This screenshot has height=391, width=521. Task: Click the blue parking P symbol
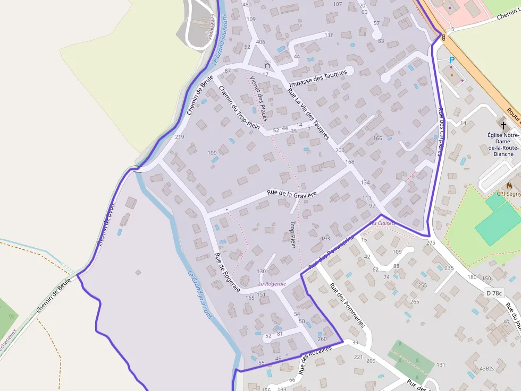(452, 60)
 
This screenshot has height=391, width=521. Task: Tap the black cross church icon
(503, 126)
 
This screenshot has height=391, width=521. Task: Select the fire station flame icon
(509, 186)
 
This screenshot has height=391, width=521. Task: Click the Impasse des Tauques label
(318, 79)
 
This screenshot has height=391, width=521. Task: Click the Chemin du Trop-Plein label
(239, 108)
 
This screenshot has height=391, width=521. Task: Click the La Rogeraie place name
(272, 284)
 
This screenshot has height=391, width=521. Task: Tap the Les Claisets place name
(382, 223)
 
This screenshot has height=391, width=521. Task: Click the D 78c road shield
(494, 293)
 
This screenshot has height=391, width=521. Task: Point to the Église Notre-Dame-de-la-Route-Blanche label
(503, 144)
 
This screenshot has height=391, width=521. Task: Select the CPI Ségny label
(509, 194)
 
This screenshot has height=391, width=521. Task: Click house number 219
(179, 137)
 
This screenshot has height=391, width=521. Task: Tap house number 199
(212, 153)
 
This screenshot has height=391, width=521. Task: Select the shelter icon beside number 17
(267, 65)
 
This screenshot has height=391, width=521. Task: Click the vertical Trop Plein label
(292, 234)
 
